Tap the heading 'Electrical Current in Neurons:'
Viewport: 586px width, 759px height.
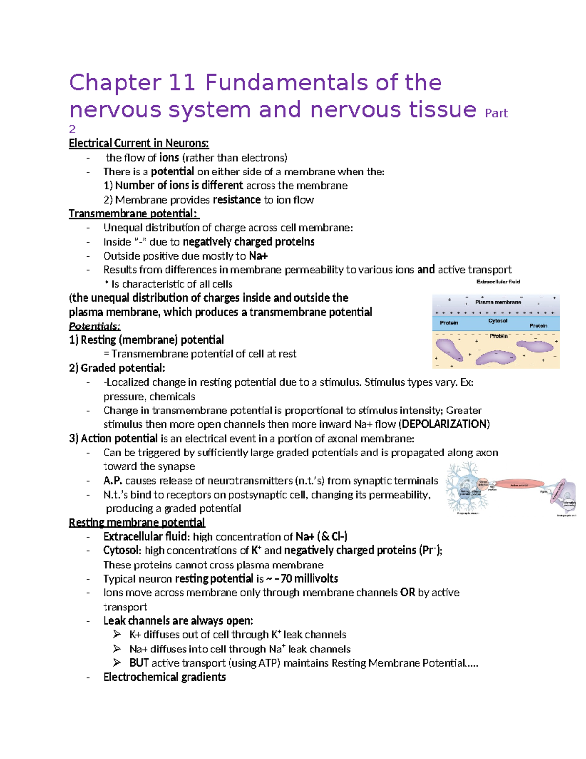tap(139, 143)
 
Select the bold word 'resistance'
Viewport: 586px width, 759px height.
tap(237, 200)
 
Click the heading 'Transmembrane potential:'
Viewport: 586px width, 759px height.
tap(134, 214)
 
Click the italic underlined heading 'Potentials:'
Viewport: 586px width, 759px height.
tap(94, 326)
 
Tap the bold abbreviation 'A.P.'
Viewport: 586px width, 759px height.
tap(112, 481)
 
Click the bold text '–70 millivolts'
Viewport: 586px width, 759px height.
tap(306, 579)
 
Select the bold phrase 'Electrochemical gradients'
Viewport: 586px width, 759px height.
tap(164, 677)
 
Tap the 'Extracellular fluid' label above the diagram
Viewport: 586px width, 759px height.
tap(498, 282)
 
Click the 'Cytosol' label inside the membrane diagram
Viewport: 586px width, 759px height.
tap(498, 321)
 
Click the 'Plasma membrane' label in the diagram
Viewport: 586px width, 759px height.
tap(498, 302)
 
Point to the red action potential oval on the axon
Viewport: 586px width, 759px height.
tap(520, 485)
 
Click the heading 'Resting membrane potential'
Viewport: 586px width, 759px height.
tap(137, 522)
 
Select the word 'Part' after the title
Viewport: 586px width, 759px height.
tap(496, 113)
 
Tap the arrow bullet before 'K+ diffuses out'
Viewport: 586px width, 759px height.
tap(117, 635)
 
